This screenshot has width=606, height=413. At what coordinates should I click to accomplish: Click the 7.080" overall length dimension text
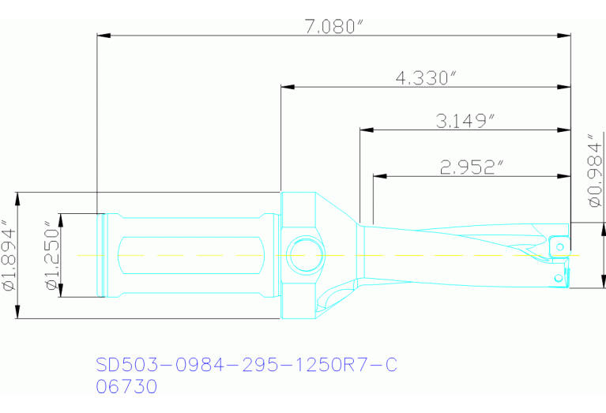pos(333,27)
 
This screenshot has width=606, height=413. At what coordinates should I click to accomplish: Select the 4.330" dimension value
pos(427,78)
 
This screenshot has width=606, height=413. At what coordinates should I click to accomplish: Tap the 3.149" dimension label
pos(466,122)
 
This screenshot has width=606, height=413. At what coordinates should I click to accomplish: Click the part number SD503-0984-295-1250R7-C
pos(246,365)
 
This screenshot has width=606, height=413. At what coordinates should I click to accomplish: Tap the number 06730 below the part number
pos(126,387)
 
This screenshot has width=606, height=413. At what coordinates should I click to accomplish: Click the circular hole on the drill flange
pos(304,255)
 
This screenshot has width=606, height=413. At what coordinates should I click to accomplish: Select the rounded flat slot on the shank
pos(190,255)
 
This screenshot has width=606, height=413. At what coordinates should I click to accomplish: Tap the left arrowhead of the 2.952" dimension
pos(378,175)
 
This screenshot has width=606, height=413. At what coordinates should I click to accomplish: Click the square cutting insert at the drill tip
pos(559,245)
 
